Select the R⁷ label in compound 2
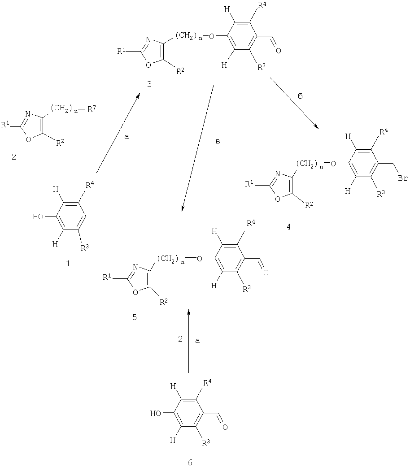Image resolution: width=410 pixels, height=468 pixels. tap(92, 109)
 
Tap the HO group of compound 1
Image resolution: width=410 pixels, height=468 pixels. tap(39, 217)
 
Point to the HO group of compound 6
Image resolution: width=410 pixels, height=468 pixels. tap(156, 413)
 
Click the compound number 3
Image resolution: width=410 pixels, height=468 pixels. tap(149, 84)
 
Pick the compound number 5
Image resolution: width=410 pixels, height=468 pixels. tap(135, 317)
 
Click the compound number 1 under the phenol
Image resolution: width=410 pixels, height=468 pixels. tap(68, 264)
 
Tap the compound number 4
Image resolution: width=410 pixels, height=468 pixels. tap(288, 227)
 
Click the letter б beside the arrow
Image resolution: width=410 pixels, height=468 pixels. tap(301, 96)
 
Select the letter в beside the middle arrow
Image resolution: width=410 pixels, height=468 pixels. tap(218, 142)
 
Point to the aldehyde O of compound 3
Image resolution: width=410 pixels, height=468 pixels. tap(278, 51)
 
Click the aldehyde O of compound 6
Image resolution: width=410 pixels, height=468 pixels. tap(225, 427)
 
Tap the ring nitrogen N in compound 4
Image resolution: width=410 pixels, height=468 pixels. tap(277, 174)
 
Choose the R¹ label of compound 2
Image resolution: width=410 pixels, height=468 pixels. tap(6, 125)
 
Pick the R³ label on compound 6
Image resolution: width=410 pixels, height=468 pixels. tap(206, 443)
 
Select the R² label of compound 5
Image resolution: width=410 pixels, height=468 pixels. tap(164, 303)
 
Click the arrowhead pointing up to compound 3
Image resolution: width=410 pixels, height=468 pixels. tap(138, 95)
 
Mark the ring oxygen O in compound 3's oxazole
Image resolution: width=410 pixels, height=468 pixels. tap(149, 65)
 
